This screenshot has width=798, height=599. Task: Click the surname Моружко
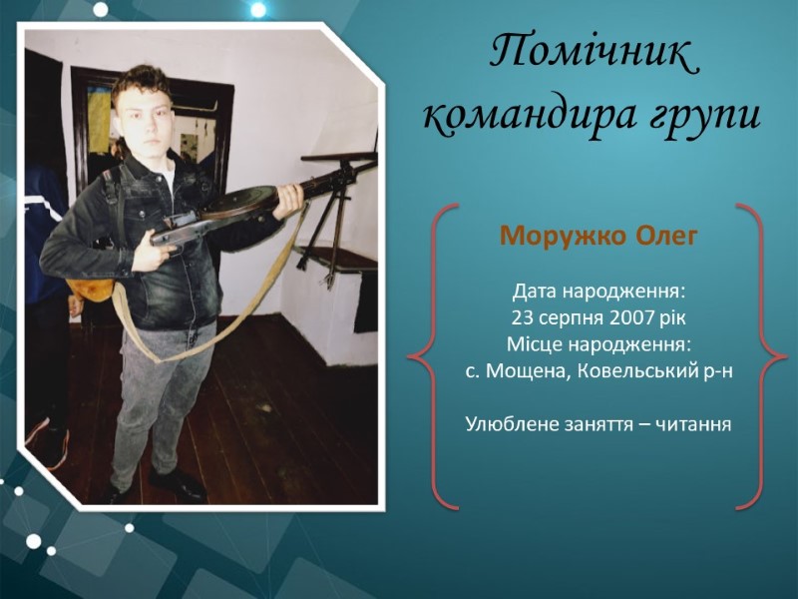coord(564,236)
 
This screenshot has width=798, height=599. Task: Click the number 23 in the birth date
coord(522,317)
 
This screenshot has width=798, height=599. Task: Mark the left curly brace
coord(433,356)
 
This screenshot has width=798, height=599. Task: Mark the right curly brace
coord(762,356)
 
